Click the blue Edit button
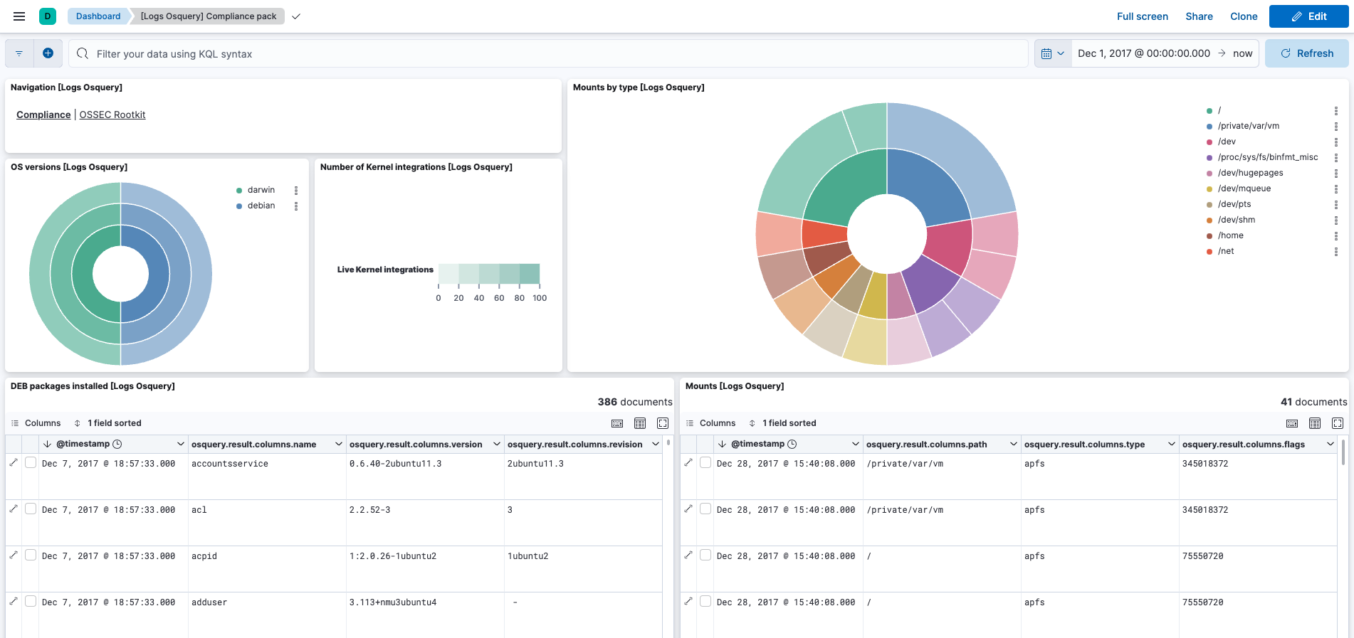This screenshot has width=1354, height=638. point(1308,16)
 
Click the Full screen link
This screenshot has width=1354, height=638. point(1142,16)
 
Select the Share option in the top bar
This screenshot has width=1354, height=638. point(1199,16)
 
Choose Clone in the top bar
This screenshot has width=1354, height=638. point(1244,16)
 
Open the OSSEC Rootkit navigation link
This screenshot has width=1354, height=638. point(112,115)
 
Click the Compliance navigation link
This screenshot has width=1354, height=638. point(43,115)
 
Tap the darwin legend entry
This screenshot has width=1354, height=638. point(261,190)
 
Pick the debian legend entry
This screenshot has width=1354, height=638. point(261,206)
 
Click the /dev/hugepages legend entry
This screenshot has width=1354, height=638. point(1250,173)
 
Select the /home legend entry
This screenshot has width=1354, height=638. point(1230,235)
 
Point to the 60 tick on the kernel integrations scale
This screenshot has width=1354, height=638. point(499,298)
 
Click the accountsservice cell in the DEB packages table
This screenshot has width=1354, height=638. point(229,464)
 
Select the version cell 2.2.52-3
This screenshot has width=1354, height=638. point(369,510)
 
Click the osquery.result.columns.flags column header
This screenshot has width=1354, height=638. point(1243,445)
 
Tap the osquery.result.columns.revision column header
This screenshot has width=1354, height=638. point(574,445)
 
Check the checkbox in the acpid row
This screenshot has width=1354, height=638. point(31,555)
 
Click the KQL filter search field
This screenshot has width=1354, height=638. point(548,54)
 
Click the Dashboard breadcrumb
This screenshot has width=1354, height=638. point(98,16)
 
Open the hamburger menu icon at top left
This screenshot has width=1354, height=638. point(19,16)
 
